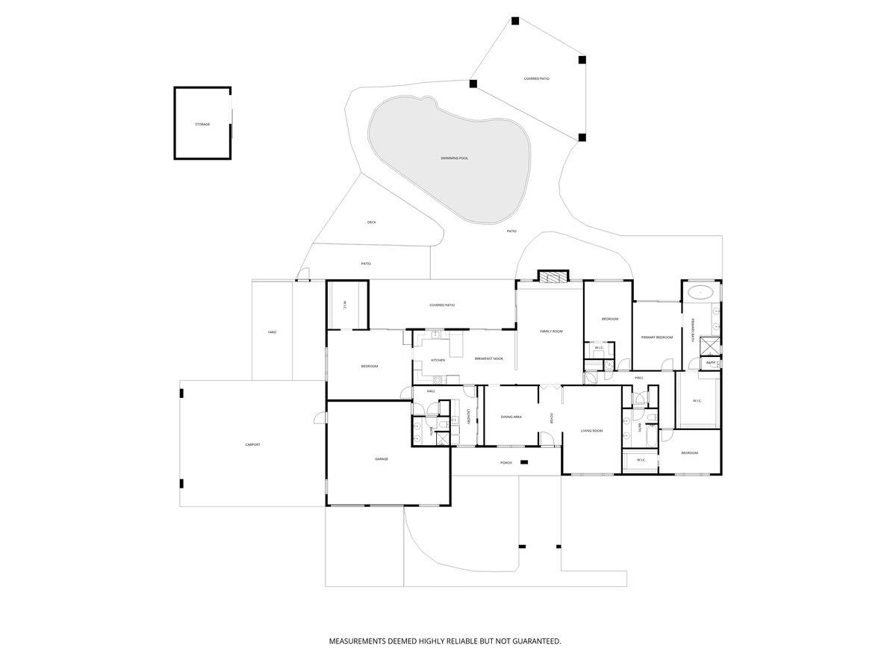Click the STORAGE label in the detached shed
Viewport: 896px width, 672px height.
[x=202, y=124]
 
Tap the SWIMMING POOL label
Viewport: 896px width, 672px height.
[x=454, y=158]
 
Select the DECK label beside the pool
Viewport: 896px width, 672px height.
[x=371, y=223]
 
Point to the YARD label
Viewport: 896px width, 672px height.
[x=272, y=332]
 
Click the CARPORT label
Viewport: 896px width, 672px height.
[x=252, y=445]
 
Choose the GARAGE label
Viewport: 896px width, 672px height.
[x=381, y=459]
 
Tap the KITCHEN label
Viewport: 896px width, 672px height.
[x=438, y=360]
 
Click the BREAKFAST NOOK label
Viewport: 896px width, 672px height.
[x=488, y=358]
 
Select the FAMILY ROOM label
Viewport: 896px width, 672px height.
[x=551, y=331]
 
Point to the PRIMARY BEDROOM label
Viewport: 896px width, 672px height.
[x=657, y=337]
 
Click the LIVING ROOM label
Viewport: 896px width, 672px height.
[x=591, y=431]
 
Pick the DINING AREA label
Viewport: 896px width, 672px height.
[x=511, y=417]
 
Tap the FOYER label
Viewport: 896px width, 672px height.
[x=552, y=418]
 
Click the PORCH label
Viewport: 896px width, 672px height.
[x=505, y=463]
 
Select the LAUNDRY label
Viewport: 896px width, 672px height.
[x=468, y=417]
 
